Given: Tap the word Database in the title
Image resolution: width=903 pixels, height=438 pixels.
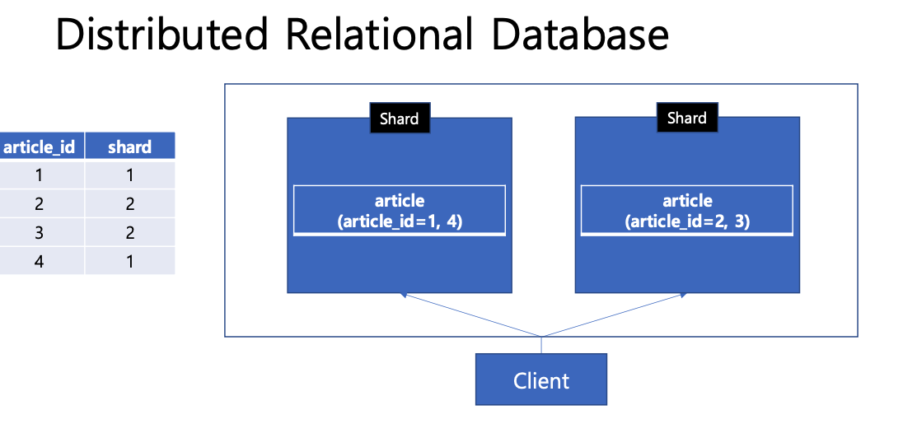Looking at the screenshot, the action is click(580, 34).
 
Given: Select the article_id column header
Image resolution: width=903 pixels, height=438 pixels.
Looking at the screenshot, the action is click(40, 147).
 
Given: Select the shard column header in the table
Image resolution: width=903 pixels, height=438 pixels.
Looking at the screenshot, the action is click(129, 147).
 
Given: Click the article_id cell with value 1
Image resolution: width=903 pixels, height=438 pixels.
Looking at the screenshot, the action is click(40, 175).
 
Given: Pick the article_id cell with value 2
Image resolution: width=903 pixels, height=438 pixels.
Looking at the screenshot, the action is click(40, 203).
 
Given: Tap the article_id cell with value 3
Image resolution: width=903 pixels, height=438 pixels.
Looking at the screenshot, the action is click(40, 232).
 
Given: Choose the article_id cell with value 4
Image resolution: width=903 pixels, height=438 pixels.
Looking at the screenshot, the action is click(40, 261).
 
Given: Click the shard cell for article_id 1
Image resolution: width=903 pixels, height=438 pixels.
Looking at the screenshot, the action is click(129, 175).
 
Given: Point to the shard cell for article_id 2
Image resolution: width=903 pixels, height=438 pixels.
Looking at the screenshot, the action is click(129, 203).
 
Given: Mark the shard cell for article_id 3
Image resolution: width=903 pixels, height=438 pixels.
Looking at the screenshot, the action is click(129, 232).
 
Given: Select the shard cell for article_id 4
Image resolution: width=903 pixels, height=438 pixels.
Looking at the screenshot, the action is click(129, 261).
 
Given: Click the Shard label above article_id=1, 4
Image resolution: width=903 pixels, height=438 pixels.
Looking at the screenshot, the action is click(400, 119).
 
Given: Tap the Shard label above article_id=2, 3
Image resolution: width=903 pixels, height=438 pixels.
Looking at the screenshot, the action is click(687, 118).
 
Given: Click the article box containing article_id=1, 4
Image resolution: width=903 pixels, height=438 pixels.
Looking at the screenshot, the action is click(400, 210).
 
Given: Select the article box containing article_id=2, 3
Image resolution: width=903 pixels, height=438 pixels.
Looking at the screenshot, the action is click(687, 210).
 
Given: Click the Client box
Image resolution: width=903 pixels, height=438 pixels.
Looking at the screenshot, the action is click(541, 380).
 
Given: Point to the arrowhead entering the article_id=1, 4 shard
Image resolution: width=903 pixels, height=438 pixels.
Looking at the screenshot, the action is click(403, 295).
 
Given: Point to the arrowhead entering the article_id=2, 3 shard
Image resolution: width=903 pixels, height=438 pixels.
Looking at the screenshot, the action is click(683, 295).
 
